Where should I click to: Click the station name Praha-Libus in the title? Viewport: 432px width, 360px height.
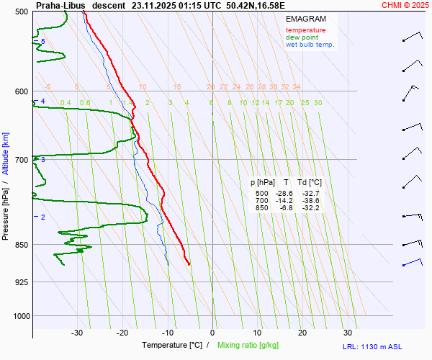click(60, 5)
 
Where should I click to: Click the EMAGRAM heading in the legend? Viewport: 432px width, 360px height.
click(305, 19)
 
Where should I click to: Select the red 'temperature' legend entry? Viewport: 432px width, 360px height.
click(305, 30)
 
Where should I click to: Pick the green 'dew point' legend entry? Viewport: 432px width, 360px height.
click(302, 37)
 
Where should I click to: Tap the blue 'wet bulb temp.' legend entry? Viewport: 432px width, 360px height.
click(310, 45)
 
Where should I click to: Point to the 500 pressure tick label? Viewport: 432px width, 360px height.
click(21, 12)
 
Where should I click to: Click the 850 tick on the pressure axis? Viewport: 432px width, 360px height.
click(21, 245)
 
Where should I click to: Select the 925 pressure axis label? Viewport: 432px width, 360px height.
click(21, 282)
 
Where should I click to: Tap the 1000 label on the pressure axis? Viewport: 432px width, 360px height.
click(19, 315)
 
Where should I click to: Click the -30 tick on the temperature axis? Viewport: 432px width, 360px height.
click(77, 333)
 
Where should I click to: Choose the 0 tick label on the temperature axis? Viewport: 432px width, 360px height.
click(212, 333)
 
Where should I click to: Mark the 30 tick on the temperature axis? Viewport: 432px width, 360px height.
click(348, 333)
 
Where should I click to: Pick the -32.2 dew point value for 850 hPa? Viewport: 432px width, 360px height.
click(310, 208)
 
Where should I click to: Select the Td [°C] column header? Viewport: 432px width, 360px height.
click(310, 183)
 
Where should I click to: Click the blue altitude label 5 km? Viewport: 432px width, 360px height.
click(43, 42)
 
